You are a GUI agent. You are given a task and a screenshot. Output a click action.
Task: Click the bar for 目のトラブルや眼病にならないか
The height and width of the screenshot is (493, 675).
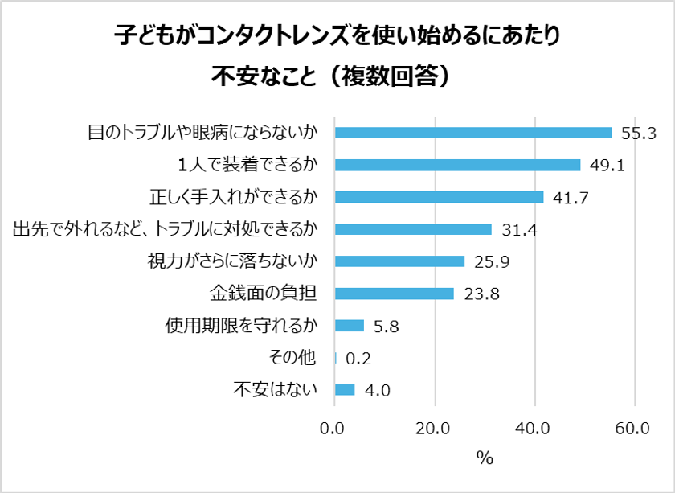coord(472,133)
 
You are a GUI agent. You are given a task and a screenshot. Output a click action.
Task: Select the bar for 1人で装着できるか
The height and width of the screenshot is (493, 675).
coord(457,165)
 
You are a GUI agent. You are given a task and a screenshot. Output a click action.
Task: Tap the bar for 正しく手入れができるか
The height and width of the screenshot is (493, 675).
coord(439,197)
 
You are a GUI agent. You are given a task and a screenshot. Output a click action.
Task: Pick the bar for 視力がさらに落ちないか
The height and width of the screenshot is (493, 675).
coord(399,261)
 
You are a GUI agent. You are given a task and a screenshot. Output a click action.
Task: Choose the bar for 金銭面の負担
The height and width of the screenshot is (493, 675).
coord(394,294)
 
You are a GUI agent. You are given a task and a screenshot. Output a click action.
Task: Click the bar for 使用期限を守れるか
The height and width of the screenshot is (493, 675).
coord(349,326)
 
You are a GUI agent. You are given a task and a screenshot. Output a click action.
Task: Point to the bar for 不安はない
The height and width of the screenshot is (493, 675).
coord(344,390)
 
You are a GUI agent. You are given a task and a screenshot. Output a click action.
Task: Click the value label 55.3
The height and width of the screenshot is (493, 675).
coord(640,134)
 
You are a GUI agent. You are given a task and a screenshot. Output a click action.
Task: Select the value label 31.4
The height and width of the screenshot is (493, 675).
coord(519,230)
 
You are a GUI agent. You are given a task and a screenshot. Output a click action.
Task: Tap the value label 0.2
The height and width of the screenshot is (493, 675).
coord(358,359)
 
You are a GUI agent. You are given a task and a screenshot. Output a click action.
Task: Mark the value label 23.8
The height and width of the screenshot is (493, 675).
coord(482,294)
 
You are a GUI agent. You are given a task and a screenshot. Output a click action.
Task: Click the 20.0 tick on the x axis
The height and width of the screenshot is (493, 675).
coord(435,429)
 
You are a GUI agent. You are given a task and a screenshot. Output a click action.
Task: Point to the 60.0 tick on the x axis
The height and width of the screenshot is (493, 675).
coord(635,429)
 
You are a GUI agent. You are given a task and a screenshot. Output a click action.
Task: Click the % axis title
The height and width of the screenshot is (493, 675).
coord(484,458)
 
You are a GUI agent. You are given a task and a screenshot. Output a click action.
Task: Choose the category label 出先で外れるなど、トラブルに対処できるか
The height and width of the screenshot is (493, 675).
coord(165,229)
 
